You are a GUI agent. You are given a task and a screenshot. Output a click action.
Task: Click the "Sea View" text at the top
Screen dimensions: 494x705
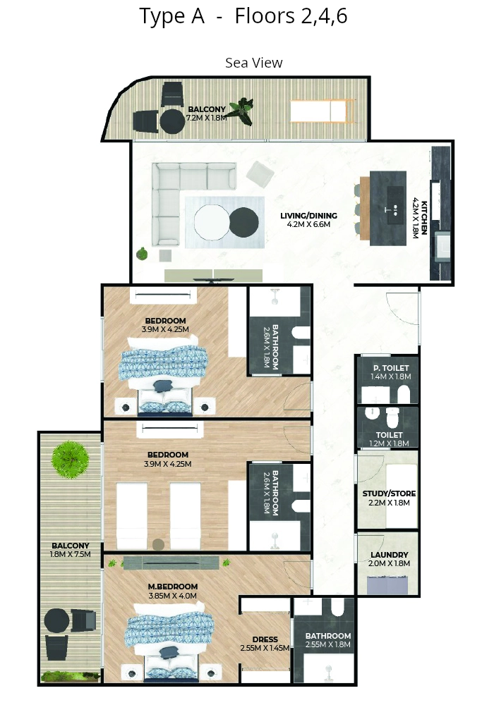tap(254, 63)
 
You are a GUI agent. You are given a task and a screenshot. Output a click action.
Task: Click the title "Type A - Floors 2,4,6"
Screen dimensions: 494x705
tap(243, 17)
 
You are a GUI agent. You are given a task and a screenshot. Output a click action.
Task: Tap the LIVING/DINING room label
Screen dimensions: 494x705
tap(308, 216)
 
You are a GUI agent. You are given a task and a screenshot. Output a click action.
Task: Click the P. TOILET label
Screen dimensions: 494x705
tap(391, 368)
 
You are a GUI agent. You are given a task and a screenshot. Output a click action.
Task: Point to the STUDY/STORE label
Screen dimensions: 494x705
tap(389, 493)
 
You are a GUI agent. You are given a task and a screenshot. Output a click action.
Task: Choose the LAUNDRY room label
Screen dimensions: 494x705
tap(390, 555)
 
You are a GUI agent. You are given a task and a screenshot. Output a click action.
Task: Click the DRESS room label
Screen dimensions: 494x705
tap(265, 639)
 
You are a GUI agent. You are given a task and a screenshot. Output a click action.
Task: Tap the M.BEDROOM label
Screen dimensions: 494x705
tap(173, 587)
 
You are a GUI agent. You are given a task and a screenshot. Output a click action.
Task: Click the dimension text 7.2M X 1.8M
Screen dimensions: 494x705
tap(207, 118)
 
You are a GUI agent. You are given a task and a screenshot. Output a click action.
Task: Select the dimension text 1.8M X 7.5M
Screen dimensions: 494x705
tap(70, 554)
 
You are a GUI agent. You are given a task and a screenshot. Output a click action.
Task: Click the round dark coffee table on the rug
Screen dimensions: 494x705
tap(244, 221)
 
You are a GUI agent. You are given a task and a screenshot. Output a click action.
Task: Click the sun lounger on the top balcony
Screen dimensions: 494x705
tap(322, 111)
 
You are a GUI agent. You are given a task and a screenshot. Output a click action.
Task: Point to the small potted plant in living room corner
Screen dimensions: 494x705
tap(142, 254)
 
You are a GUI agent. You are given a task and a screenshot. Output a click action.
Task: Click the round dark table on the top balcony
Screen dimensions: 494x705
tap(172, 121)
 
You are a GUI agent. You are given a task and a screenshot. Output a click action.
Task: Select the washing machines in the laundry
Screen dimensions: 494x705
tap(387, 586)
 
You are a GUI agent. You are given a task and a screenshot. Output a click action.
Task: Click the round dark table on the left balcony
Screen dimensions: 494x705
tap(56, 621)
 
